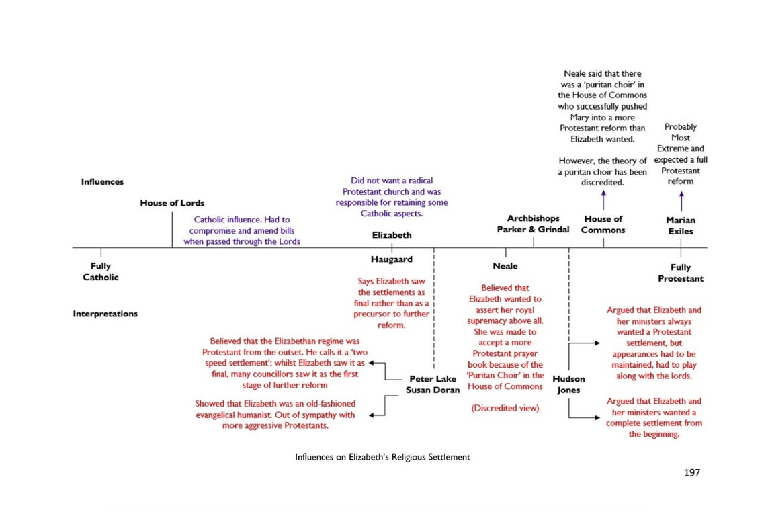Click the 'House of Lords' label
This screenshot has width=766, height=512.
tap(172, 203)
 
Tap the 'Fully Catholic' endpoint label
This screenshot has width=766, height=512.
tap(101, 271)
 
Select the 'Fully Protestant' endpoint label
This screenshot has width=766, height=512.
tap(680, 273)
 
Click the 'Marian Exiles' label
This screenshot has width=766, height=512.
tap(680, 226)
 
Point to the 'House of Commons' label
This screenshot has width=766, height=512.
tap(603, 224)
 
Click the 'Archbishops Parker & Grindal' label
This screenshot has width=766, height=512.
tap(533, 224)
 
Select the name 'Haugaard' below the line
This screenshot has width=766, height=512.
tap(391, 259)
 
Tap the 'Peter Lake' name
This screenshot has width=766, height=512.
tap(433, 379)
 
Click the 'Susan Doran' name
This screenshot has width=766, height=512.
tap(433, 390)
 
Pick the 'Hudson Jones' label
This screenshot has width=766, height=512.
tap(568, 384)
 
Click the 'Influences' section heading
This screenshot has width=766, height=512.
tap(102, 182)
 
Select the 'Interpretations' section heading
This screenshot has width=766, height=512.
tap(105, 314)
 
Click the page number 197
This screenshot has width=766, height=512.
tap(691, 472)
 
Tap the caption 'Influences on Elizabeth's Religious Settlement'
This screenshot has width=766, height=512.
tap(382, 457)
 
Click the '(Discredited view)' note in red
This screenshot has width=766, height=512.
tap(505, 408)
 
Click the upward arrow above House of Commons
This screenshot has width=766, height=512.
tap(603, 200)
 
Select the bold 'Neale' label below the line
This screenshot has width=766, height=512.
tap(505, 267)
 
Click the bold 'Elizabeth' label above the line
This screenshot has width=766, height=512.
tap(391, 235)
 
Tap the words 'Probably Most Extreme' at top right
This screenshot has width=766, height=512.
tap(680, 137)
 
